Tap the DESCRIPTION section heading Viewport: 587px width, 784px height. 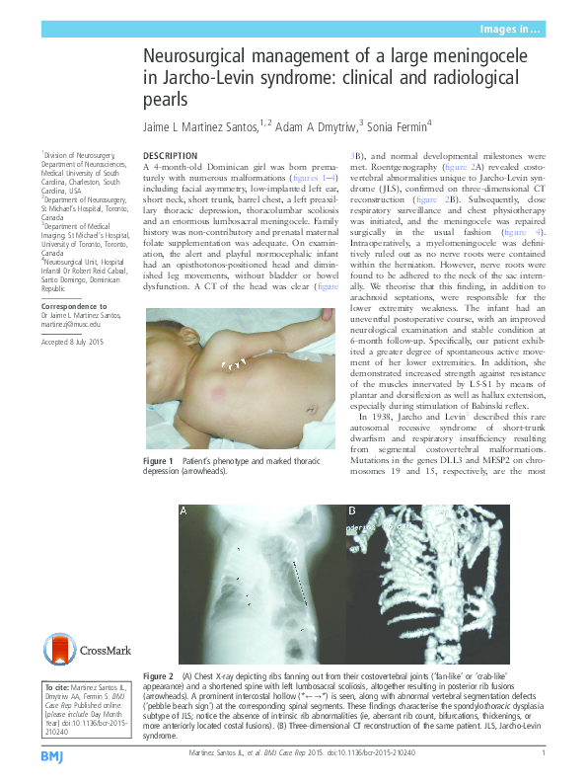[171, 156]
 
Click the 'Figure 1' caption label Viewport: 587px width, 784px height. [158, 462]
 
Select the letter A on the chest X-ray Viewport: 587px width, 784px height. [183, 511]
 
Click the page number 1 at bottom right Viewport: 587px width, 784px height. [544, 754]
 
